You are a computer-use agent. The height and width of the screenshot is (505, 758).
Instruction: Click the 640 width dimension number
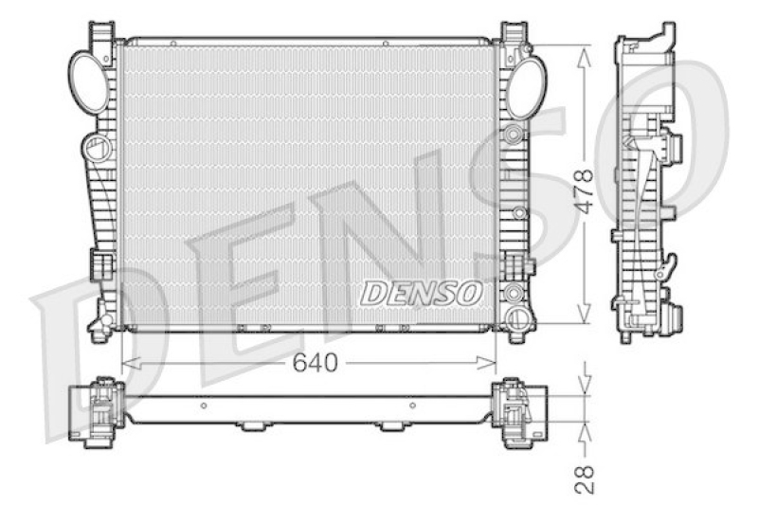315,363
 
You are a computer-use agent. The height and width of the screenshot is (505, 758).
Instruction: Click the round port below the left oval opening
97,149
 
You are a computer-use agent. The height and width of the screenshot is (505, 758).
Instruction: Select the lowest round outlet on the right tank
518,316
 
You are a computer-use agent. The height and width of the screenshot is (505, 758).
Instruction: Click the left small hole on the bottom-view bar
205,405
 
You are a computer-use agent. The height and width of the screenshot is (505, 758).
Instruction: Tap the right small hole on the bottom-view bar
412,405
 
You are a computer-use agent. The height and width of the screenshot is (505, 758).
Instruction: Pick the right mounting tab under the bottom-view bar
389,426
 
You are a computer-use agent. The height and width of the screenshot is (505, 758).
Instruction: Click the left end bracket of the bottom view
99,412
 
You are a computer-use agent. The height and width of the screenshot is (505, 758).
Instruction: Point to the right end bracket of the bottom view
516,412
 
